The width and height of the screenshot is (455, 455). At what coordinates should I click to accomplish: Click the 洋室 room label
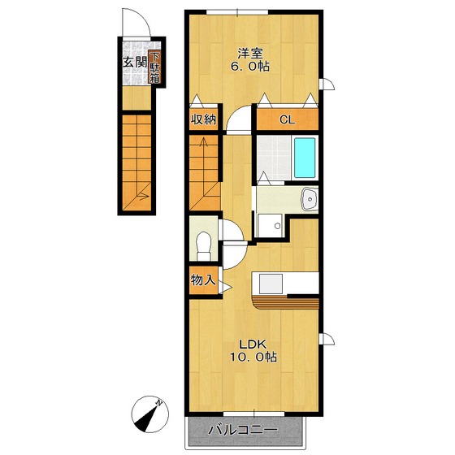click(250, 54)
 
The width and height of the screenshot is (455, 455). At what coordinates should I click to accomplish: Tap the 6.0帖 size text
click(250, 67)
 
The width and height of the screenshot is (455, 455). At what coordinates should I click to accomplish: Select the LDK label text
click(253, 344)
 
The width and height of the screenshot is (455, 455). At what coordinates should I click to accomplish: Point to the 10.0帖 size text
click(253, 357)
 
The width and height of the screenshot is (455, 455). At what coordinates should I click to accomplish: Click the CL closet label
click(287, 119)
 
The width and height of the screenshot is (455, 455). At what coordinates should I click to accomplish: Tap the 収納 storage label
click(203, 119)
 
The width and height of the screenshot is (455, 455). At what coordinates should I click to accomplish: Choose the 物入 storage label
click(203, 280)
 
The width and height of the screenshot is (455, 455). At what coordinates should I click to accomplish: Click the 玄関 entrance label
click(135, 62)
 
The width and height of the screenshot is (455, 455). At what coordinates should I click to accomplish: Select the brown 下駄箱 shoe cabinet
click(154, 67)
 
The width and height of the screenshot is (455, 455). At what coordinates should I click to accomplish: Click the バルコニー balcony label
click(243, 430)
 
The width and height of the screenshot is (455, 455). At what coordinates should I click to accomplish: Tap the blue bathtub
click(305, 158)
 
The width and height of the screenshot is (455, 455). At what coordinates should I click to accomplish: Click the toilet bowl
click(204, 246)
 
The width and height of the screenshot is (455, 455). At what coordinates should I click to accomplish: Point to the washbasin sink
click(310, 199)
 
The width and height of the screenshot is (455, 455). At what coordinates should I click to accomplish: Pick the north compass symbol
click(149, 414)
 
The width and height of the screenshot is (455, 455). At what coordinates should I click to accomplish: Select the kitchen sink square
click(271, 284)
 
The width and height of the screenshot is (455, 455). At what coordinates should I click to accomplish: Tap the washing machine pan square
click(270, 226)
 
